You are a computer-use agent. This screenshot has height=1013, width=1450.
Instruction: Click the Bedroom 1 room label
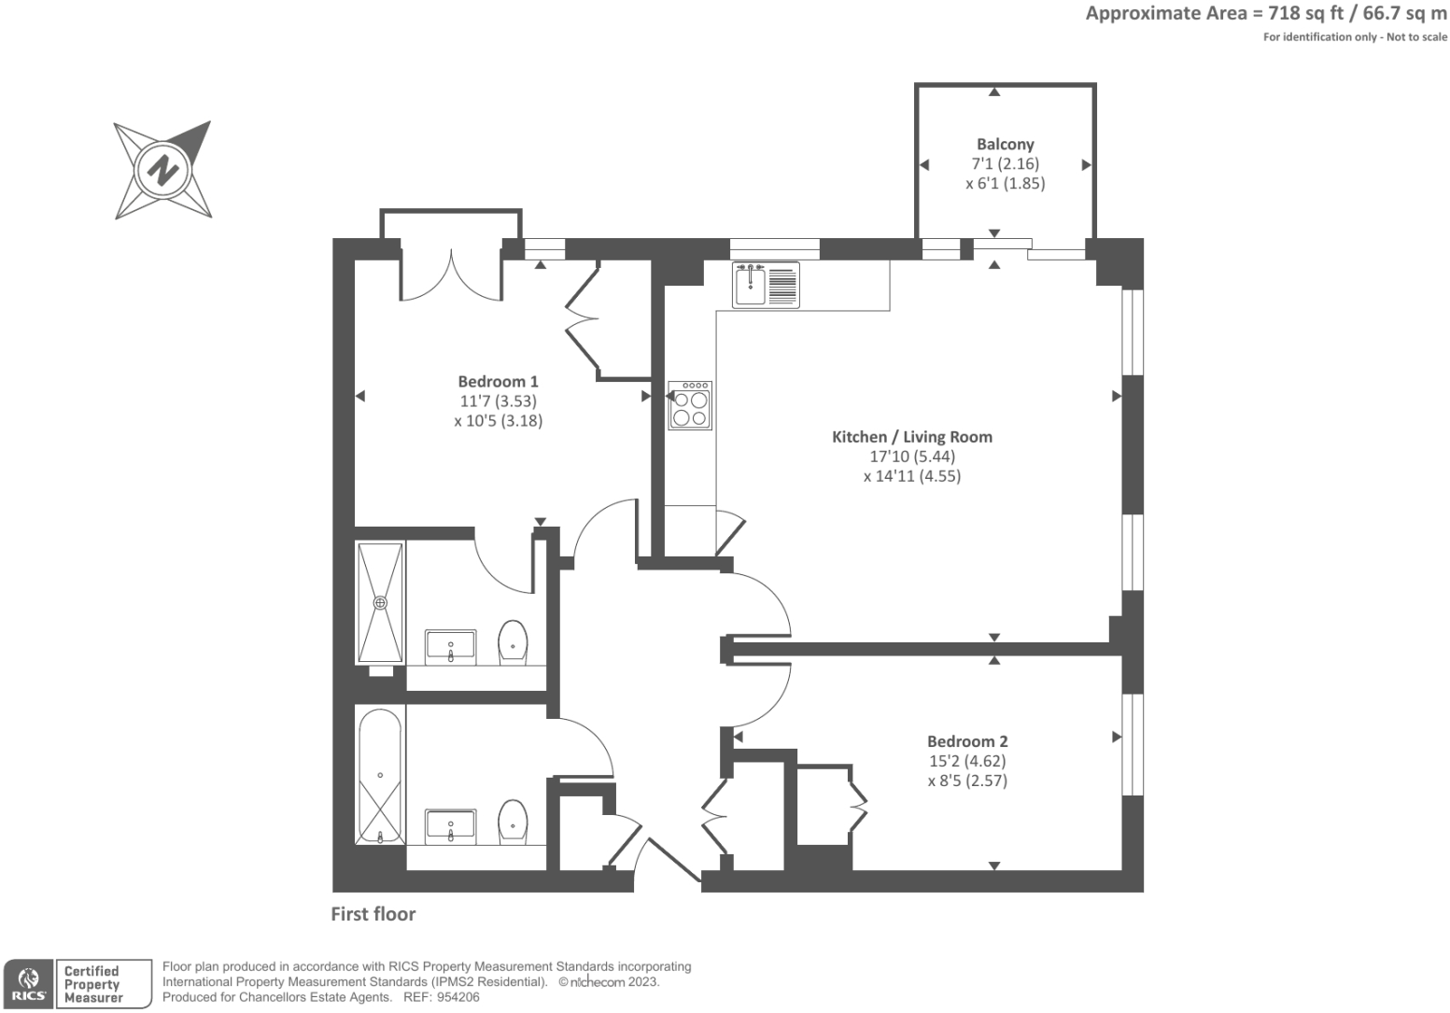(x=498, y=381)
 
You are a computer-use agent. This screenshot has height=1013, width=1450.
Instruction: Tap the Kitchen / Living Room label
(x=911, y=436)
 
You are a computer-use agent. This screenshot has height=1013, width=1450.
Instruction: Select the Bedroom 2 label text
(x=967, y=741)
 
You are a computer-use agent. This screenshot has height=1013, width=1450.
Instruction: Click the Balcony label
(x=1005, y=144)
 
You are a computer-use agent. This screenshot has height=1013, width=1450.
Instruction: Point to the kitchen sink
(x=750, y=285)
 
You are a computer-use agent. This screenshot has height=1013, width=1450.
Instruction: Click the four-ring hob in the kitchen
(x=690, y=405)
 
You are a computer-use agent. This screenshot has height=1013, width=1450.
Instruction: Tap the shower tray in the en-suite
(x=380, y=602)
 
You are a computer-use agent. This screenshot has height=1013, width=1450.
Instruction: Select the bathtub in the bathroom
(x=380, y=775)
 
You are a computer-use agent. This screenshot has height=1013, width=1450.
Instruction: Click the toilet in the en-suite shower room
(x=513, y=641)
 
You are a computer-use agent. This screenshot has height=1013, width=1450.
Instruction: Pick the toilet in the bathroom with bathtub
(x=513, y=821)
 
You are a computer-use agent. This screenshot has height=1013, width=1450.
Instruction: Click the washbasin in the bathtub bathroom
(x=451, y=825)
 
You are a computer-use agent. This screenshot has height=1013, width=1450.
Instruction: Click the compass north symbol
(x=163, y=170)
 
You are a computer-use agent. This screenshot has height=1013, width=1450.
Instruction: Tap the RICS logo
(x=27, y=984)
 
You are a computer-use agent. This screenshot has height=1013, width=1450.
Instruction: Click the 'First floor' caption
(x=373, y=914)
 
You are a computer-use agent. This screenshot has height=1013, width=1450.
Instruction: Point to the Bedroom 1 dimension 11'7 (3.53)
(x=498, y=401)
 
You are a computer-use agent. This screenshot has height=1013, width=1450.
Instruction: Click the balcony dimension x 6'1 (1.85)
(x=1005, y=183)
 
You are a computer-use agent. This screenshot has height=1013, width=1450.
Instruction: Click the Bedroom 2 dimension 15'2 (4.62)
(x=967, y=761)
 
